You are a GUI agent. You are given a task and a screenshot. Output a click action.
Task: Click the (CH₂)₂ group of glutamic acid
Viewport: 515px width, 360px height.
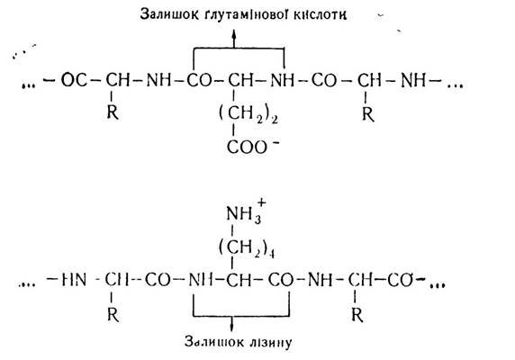[x=248, y=114]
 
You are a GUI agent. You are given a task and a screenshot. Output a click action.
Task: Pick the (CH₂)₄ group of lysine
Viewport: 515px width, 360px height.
[x=247, y=248]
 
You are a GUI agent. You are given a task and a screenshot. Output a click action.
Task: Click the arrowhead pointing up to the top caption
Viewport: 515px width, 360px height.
[x=234, y=34]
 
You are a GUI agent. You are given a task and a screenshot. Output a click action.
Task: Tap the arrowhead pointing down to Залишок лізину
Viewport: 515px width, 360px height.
[x=232, y=327]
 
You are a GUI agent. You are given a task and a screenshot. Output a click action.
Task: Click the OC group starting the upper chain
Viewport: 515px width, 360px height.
[x=74, y=80]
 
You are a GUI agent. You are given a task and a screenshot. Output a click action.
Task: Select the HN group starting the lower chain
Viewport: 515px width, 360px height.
[x=74, y=281]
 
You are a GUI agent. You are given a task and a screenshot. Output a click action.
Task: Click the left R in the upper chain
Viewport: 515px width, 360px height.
[x=113, y=112]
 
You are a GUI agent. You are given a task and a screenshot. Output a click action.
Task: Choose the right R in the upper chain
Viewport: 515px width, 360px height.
[x=368, y=114]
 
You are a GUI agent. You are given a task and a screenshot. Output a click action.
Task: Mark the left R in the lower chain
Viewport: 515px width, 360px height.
[x=113, y=315]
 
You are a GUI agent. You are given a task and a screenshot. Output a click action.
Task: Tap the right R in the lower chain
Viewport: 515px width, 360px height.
[x=357, y=315]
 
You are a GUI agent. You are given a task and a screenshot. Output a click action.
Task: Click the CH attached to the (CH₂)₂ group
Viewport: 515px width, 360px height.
[x=240, y=80]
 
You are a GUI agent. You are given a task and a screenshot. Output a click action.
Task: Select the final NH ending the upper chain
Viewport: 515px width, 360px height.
[x=413, y=80]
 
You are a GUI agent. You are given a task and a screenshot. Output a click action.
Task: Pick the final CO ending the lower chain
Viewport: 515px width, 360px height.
[x=400, y=281]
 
